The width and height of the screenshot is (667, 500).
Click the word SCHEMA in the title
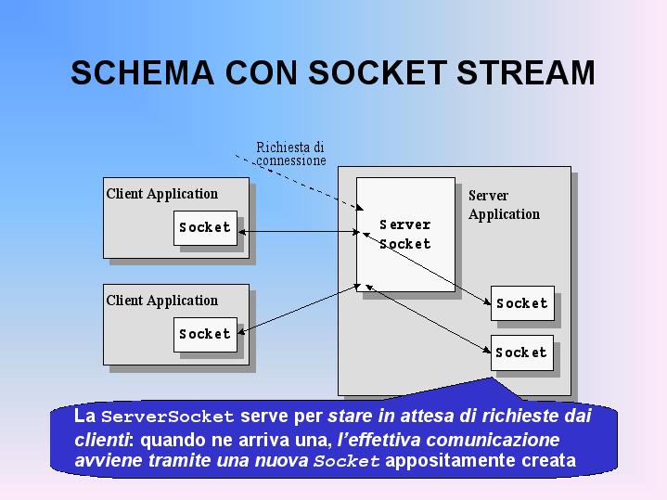point(142,72)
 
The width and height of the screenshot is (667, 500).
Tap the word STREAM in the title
point(525,72)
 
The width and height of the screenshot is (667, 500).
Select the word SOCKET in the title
point(378,72)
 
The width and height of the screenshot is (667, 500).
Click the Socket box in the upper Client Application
point(205,227)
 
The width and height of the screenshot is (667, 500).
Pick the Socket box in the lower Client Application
point(205,335)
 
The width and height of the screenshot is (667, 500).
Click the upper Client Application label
point(162,194)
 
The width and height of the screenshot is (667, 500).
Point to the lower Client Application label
point(162,301)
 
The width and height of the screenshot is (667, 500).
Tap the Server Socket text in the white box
point(405,234)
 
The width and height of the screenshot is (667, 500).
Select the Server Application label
point(504,205)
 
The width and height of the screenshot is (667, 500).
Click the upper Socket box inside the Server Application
point(522,303)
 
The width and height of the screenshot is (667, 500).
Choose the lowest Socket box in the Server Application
point(522,353)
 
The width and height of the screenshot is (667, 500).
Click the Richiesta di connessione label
point(291,154)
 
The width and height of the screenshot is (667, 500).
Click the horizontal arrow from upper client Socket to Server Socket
point(299,232)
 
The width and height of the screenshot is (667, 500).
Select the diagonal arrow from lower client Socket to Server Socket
point(299,309)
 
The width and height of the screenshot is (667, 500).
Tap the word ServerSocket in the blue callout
point(168,417)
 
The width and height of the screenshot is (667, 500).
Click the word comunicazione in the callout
point(493,440)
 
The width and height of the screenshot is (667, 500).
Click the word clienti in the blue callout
point(101,440)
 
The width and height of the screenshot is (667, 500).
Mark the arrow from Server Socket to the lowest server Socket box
point(428,319)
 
